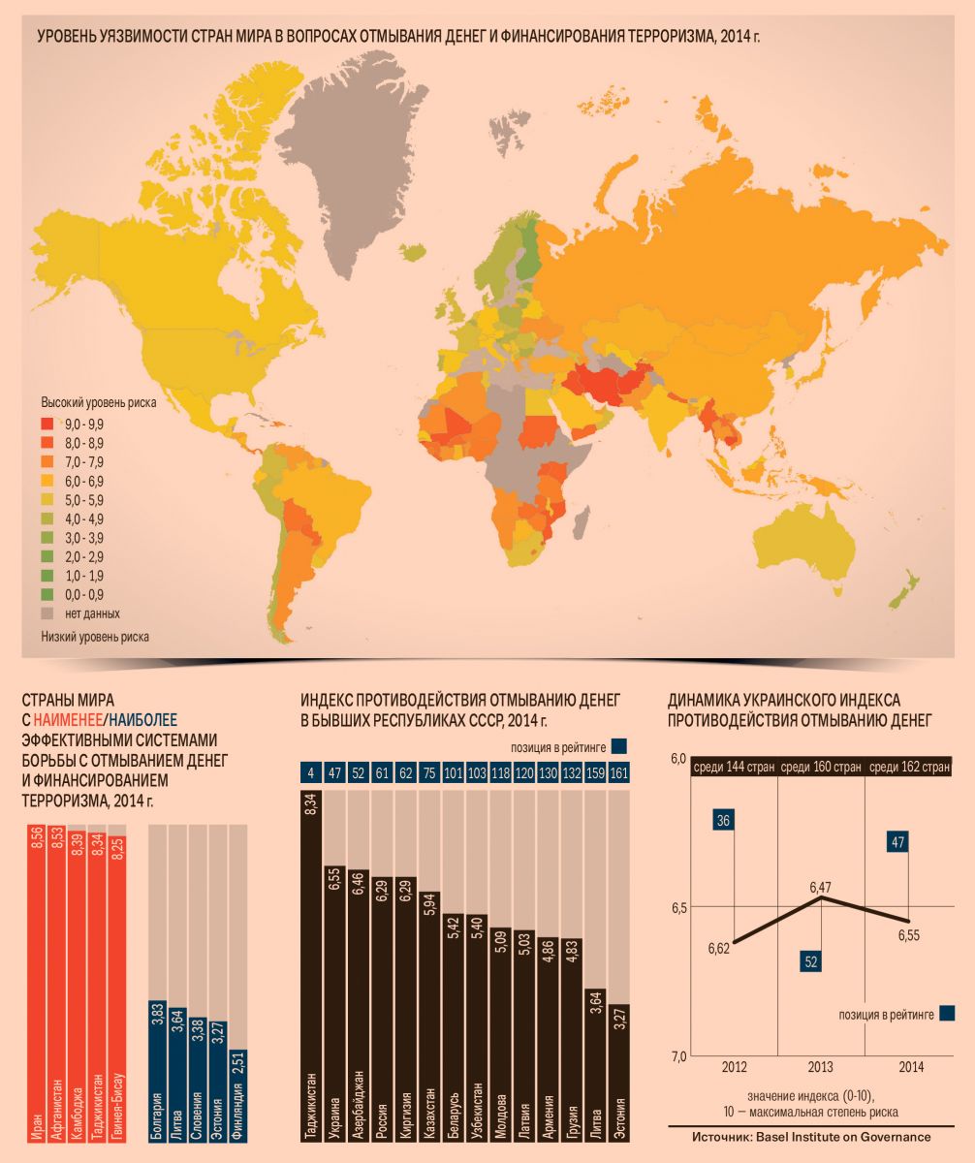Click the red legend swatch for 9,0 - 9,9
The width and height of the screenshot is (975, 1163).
[x=47, y=423]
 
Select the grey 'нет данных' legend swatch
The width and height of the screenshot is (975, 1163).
[x=47, y=613]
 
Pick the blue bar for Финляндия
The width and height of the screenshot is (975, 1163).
[x=237, y=1095]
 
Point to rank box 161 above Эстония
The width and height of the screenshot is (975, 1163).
[x=618, y=773]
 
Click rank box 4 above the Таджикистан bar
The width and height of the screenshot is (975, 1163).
[x=311, y=773]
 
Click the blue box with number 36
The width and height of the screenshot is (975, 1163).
[x=722, y=820]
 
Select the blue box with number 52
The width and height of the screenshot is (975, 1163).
[x=811, y=960]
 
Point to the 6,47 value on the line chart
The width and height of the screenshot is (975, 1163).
[x=821, y=886]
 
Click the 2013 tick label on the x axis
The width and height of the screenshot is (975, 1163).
[x=821, y=1066]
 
